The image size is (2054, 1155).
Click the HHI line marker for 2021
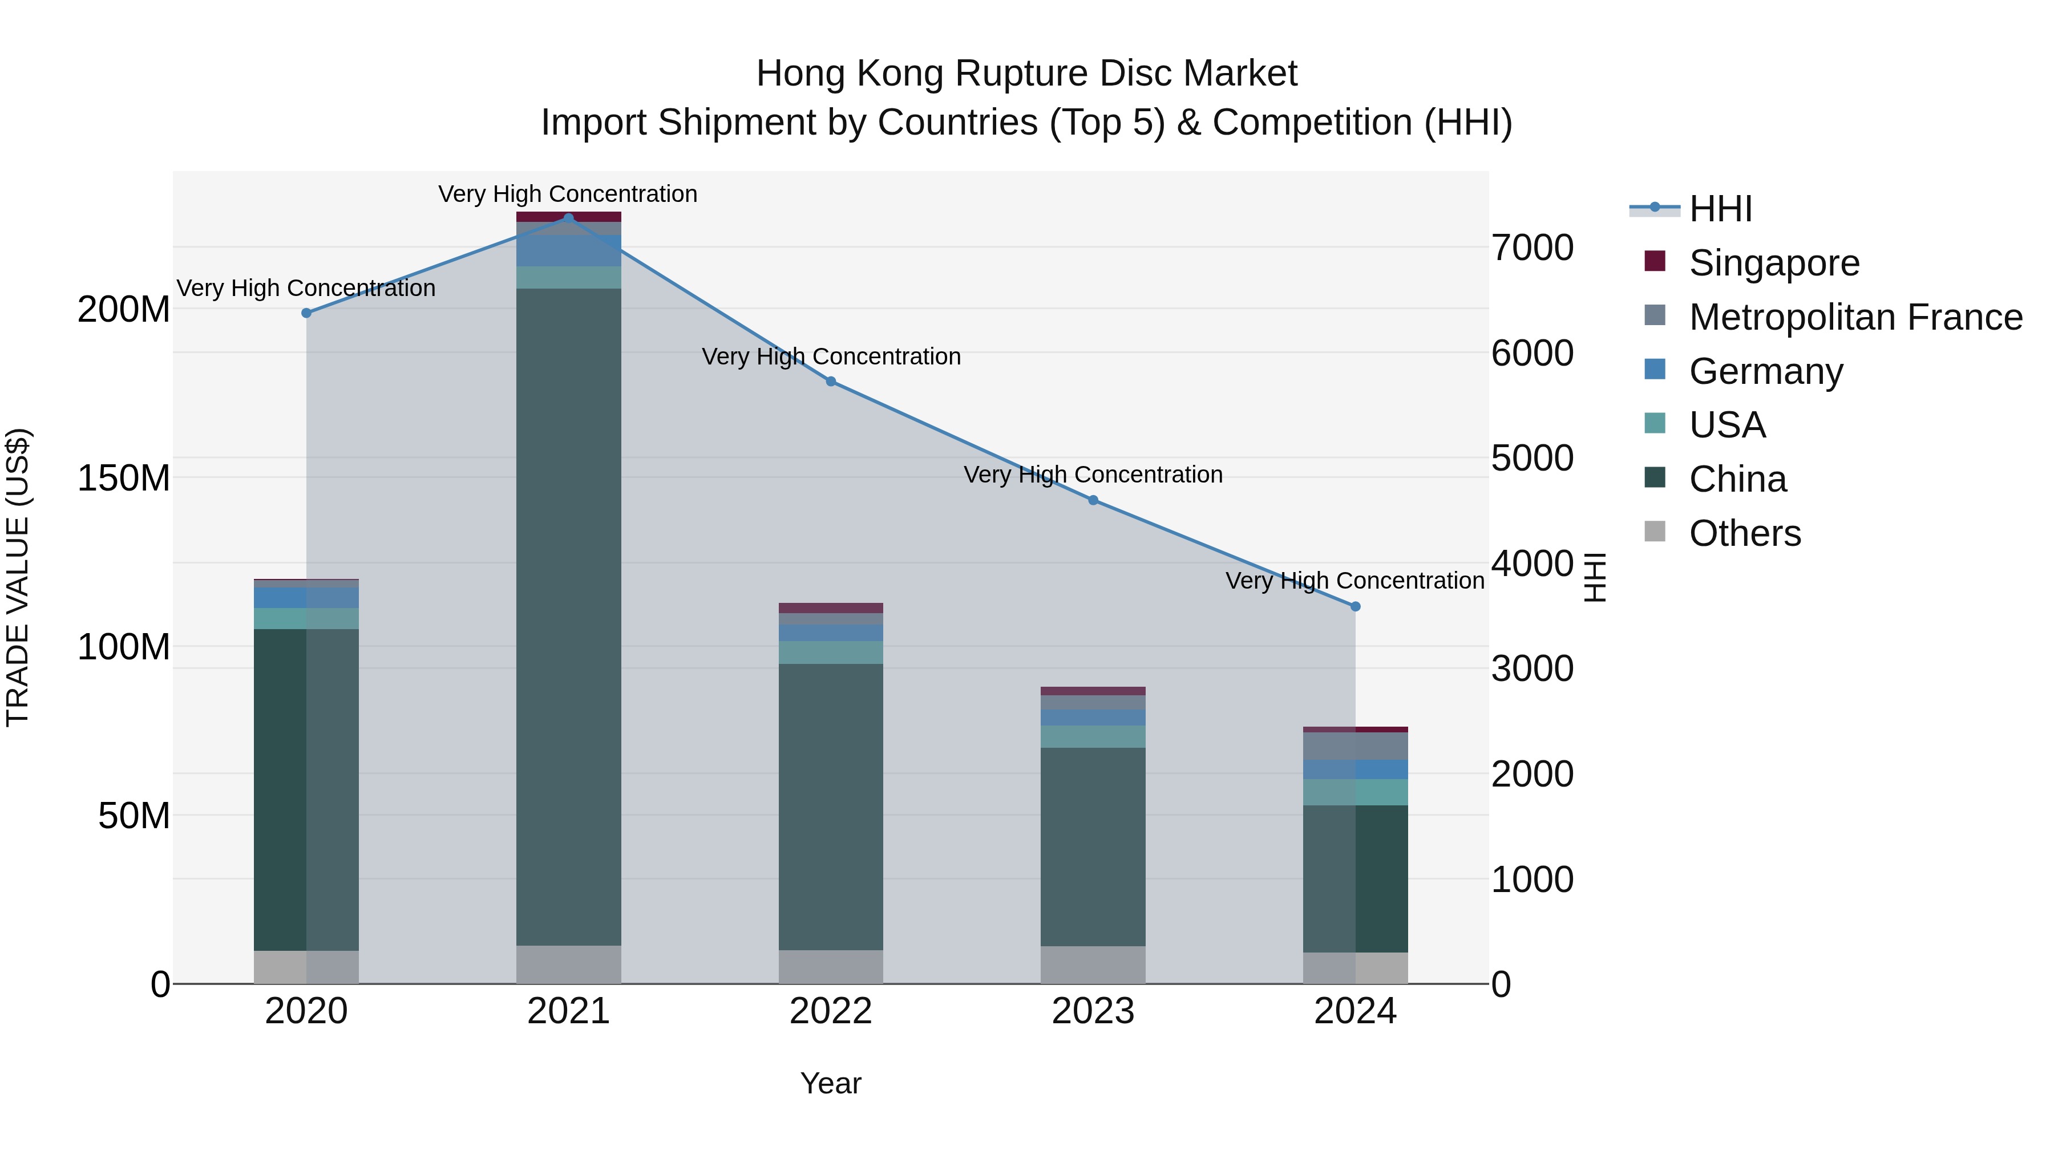point(568,218)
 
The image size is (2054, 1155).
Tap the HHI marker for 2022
point(831,382)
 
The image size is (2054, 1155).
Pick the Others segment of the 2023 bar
point(1093,964)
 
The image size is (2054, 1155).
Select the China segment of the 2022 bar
point(831,806)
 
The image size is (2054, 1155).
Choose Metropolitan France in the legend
point(1855,317)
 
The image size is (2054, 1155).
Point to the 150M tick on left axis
point(124,479)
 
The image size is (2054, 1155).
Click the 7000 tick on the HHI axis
point(1533,248)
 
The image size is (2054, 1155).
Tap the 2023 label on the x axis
point(1093,1011)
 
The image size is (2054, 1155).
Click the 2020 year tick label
point(306,1011)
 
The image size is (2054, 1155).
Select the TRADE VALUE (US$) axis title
point(18,577)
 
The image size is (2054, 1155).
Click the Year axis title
point(831,1083)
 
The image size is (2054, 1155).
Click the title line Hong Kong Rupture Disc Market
point(1026,74)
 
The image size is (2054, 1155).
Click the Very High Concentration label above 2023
point(1093,475)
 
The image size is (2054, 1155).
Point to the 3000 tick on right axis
point(1533,669)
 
